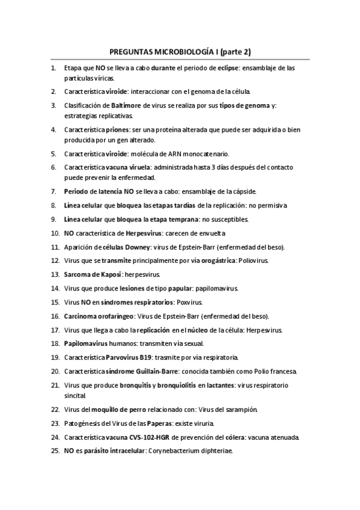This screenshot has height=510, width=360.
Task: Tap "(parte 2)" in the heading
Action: coord(238,52)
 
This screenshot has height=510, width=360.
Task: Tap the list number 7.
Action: coord(53,192)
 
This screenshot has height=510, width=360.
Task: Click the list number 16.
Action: coord(54,316)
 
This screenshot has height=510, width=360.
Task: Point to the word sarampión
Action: coord(239,410)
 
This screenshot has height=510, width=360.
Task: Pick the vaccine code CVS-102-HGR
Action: coord(151,437)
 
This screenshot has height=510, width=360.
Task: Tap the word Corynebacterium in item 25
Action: coord(175,450)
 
